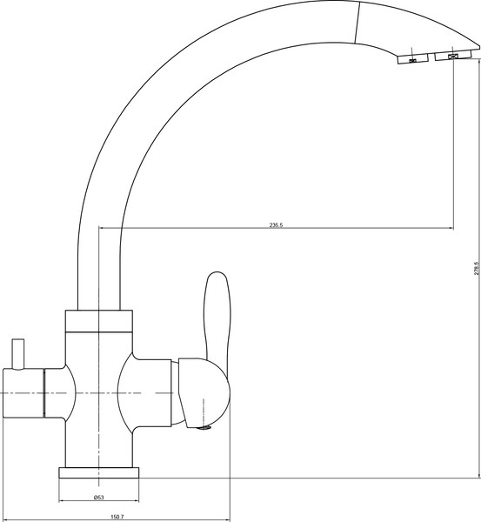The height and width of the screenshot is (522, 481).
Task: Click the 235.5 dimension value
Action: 277,224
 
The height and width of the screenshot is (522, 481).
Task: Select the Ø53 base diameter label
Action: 99,497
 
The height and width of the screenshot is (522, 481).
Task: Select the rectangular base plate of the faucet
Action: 99,473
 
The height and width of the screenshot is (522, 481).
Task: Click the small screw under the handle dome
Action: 206,426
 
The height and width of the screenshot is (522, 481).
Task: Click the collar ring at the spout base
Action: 99,321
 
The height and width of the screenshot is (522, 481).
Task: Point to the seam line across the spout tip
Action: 357,20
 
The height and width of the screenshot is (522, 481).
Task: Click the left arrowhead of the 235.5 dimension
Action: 103,229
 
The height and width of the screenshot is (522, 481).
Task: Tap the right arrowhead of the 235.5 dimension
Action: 450,229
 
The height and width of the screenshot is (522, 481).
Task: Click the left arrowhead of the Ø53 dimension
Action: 61,502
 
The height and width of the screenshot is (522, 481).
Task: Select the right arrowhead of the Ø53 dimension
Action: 137,502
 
